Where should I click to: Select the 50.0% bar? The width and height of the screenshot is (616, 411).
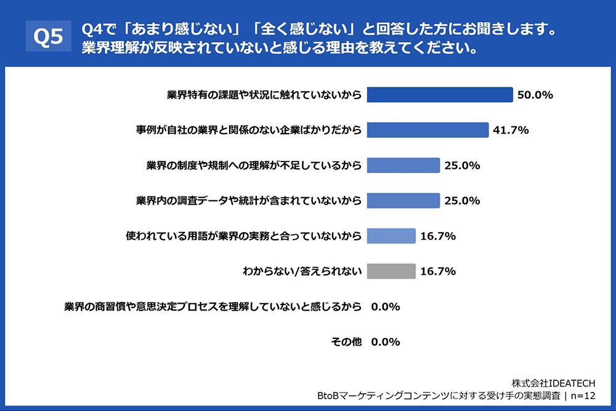click(440, 95)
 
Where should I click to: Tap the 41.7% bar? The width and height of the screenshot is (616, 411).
click(428, 130)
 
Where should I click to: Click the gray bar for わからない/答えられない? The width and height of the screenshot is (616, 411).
click(391, 271)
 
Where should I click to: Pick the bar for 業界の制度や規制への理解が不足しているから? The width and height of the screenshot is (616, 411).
click(403, 165)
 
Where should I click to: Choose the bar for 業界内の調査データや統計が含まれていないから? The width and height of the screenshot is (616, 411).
click(403, 200)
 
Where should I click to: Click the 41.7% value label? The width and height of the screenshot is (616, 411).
click(511, 130)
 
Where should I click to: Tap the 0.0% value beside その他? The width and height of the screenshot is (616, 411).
click(386, 342)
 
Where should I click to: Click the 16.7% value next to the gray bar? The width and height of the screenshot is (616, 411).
click(438, 271)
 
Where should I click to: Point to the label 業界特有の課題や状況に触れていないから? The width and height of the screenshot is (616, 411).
click(264, 95)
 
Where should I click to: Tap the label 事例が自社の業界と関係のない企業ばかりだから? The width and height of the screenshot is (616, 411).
click(249, 130)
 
